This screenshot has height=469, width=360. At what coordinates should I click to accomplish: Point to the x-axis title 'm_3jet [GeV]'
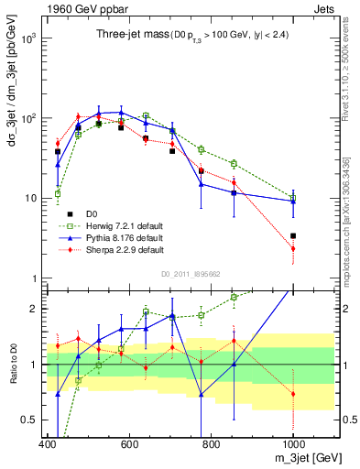point(303,458)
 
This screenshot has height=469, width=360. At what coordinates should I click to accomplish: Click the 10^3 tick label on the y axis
point(29,38)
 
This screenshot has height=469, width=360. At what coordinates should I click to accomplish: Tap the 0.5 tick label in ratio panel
point(32,420)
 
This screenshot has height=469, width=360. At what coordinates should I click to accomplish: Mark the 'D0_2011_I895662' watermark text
point(191,273)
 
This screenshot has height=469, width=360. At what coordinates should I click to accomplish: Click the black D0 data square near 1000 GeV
point(293,235)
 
